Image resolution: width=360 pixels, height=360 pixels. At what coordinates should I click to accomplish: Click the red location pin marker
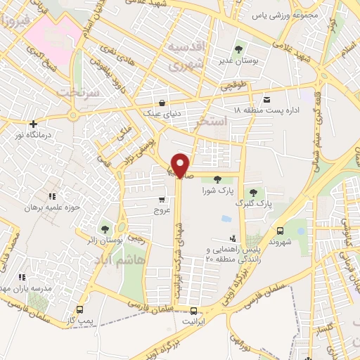tap(181, 165)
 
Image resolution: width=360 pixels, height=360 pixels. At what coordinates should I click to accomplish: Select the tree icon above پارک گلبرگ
tap(253, 192)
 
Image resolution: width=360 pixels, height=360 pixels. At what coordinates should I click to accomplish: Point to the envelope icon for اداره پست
tap(266, 99)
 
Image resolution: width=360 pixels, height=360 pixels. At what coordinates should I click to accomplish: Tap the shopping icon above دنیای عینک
tap(162, 100)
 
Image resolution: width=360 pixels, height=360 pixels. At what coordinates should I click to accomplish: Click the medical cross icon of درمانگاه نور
tap(33, 124)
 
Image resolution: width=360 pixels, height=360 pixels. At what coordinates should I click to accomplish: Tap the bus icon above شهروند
tap(281, 231)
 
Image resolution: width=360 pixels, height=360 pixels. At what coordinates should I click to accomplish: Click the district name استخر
tap(214, 122)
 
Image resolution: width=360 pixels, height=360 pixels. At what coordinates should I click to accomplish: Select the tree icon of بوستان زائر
tap(105, 229)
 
